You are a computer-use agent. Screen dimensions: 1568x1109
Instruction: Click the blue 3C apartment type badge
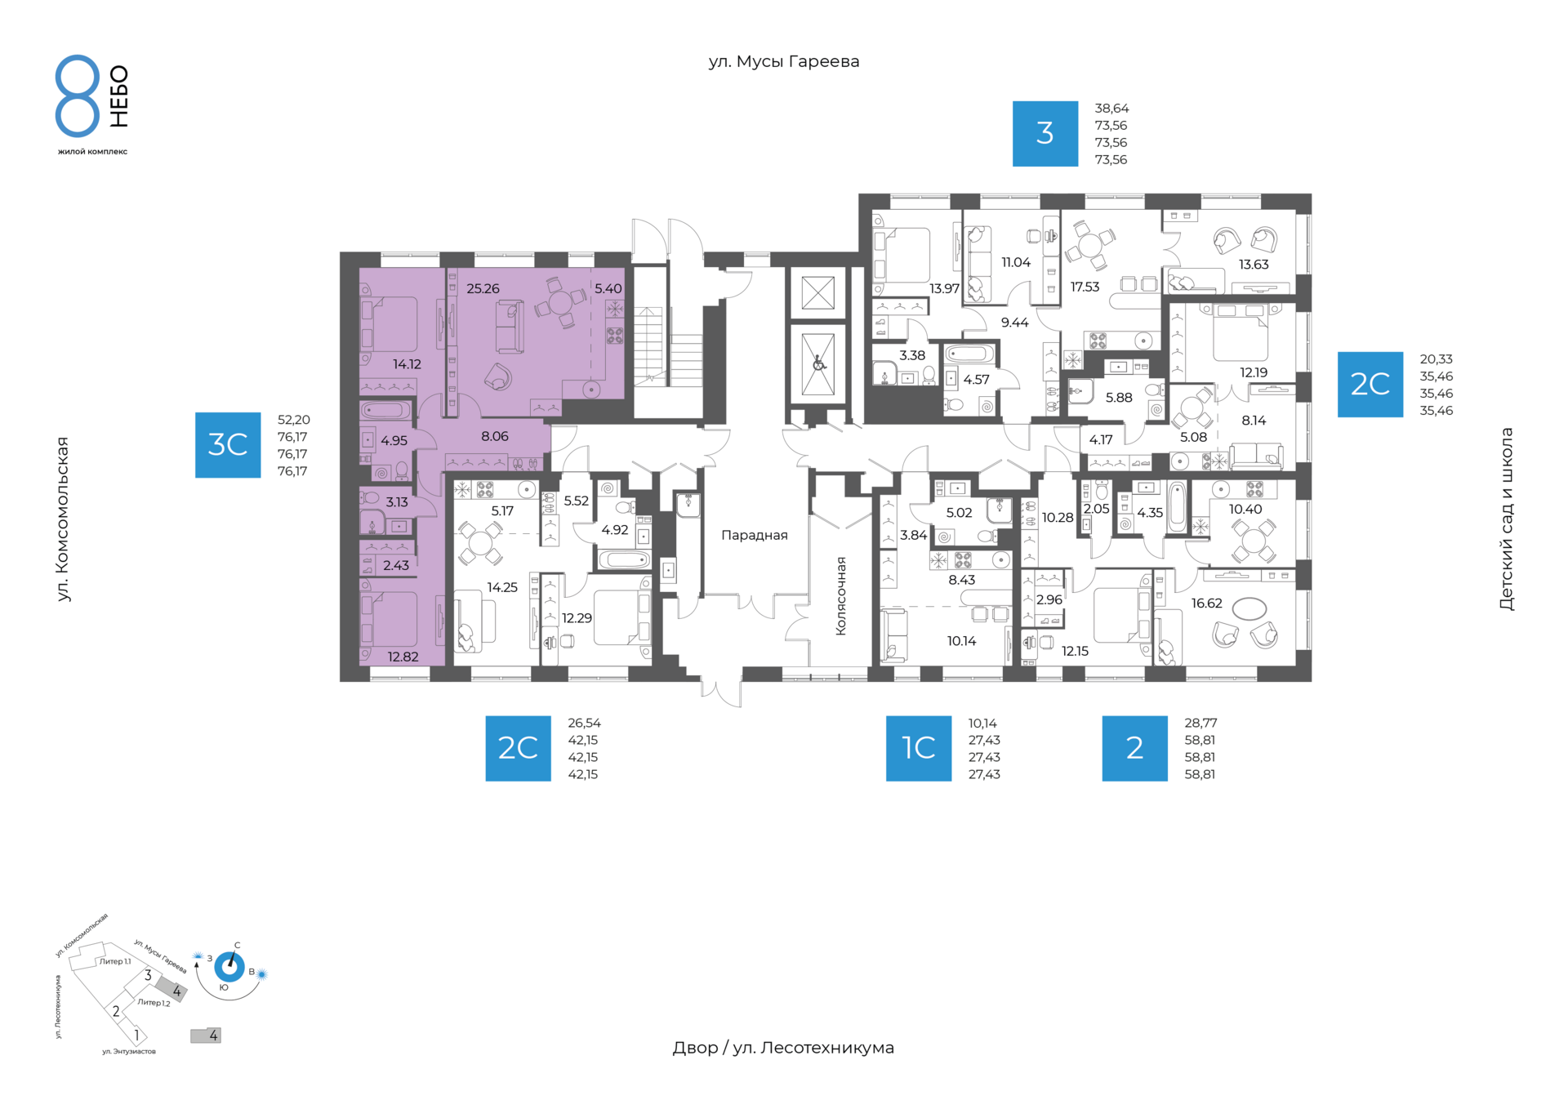click(x=228, y=445)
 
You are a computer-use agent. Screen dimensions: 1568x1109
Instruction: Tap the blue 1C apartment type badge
click(x=919, y=748)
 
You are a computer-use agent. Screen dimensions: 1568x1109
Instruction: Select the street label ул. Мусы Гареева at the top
click(x=784, y=61)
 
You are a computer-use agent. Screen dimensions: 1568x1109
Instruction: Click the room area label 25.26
click(x=483, y=288)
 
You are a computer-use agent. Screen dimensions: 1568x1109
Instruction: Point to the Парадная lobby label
click(x=755, y=536)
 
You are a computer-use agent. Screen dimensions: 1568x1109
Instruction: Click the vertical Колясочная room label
click(x=840, y=596)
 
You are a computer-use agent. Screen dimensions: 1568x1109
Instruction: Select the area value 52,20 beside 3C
click(x=294, y=420)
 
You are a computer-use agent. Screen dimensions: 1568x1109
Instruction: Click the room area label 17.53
click(x=1085, y=287)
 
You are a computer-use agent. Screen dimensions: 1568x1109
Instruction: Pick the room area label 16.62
click(x=1206, y=603)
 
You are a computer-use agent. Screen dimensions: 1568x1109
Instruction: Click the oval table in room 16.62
click(x=1249, y=608)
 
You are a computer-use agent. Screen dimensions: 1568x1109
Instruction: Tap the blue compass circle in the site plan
click(x=229, y=967)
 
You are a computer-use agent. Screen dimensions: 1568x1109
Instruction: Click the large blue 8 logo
click(x=78, y=96)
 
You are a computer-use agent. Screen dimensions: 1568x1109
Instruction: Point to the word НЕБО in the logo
click(x=119, y=96)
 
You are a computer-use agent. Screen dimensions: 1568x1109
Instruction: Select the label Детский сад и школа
click(x=1507, y=519)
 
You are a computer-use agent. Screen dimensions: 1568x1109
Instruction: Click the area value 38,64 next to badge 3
click(x=1111, y=108)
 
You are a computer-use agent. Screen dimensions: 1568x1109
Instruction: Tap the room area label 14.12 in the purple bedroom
click(x=407, y=364)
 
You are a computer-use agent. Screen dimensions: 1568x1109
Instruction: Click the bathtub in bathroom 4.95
click(x=385, y=410)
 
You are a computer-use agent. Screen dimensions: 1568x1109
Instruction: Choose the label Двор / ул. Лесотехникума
click(x=783, y=1048)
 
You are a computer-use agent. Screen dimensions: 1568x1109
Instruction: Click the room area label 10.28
click(x=1058, y=517)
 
